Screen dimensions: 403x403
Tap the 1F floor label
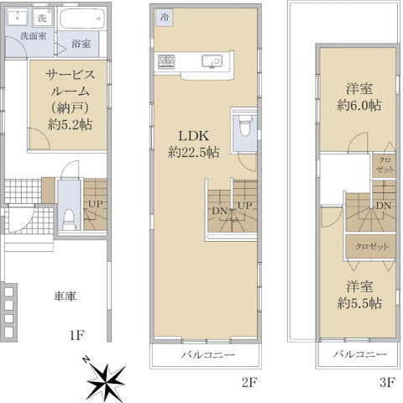[77, 335]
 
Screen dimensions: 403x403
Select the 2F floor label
[249, 382]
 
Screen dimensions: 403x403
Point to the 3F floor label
[387, 382]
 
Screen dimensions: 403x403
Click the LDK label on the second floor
[194, 136]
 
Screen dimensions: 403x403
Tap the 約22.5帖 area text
[194, 153]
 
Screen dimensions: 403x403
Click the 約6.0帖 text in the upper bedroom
[359, 106]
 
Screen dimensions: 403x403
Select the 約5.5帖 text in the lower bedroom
[359, 303]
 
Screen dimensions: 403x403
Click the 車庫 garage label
[65, 296]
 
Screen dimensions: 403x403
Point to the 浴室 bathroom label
[81, 44]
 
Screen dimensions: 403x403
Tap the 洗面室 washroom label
[34, 36]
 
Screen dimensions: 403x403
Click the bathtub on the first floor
[81, 18]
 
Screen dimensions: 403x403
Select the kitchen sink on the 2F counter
[212, 60]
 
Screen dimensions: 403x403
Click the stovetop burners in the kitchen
[166, 61]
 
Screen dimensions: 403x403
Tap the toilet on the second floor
[245, 126]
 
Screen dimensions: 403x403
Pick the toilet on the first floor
[68, 221]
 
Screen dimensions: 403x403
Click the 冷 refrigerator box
[165, 18]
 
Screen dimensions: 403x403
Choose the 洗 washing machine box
[42, 18]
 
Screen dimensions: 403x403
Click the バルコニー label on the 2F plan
[208, 355]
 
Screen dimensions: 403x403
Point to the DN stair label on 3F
[384, 206]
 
